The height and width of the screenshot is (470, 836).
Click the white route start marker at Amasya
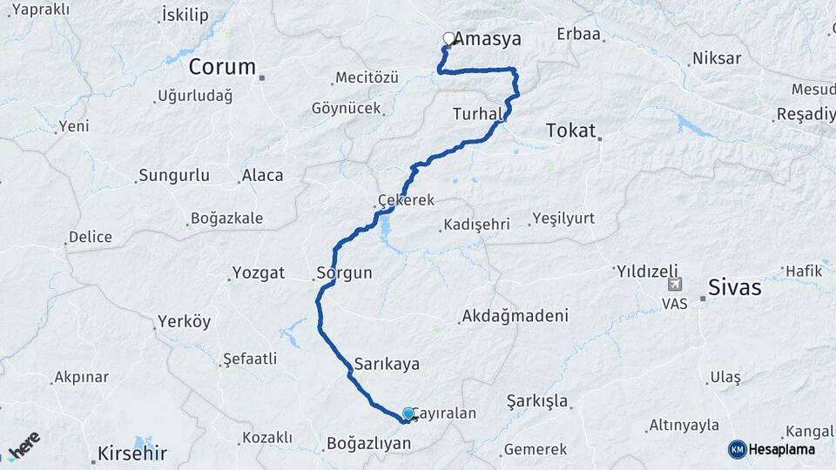[448, 38]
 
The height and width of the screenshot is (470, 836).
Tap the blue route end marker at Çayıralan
[408, 413]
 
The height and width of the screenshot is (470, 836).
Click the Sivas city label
[735, 287]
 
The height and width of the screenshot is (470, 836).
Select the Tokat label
[570, 131]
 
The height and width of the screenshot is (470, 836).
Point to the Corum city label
[222, 67]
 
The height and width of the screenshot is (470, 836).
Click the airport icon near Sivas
[675, 285]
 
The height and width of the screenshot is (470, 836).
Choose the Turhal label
[477, 114]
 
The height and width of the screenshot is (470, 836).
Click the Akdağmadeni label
[516, 315]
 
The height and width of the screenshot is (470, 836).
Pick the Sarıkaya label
[388, 364]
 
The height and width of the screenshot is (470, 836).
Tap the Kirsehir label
[131, 453]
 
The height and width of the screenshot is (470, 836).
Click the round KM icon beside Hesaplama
[737, 449]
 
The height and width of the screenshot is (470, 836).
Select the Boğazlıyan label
[367, 444]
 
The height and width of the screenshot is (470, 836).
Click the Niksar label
[716, 59]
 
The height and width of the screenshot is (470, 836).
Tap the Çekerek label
[406, 200]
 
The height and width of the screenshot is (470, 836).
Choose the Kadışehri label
[476, 225]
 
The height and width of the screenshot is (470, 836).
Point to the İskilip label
[185, 15]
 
